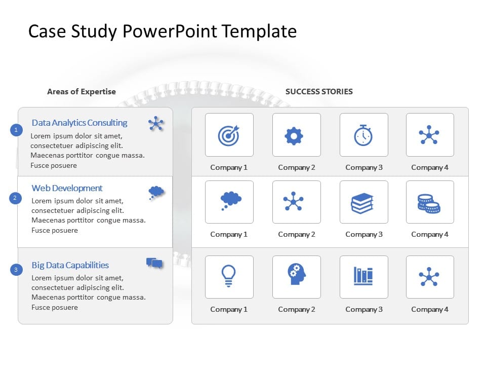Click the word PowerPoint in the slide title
click(170, 31)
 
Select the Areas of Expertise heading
click(81, 92)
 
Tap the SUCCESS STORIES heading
click(319, 92)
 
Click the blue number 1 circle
click(16, 130)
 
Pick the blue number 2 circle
click(15, 198)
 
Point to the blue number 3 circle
click(16, 269)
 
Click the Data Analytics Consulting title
click(79, 123)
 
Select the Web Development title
click(67, 188)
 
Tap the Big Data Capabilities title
click(70, 265)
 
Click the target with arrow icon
click(229, 135)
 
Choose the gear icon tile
click(297, 135)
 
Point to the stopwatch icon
click(363, 135)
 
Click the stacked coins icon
click(429, 204)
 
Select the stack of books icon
click(362, 203)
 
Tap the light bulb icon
click(228, 276)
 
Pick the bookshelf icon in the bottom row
click(363, 276)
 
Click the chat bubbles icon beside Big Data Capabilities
click(154, 263)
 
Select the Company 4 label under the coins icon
click(430, 235)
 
